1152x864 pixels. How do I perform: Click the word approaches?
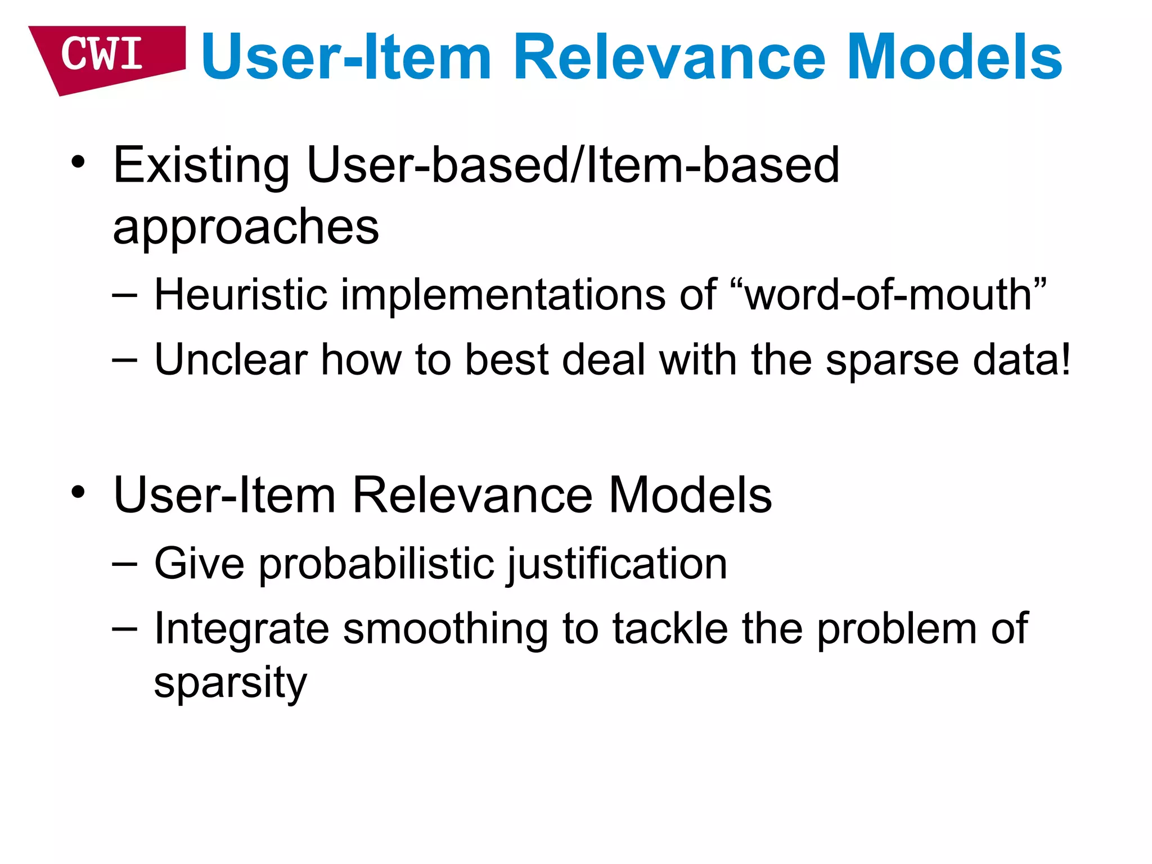pyautogui.click(x=246, y=228)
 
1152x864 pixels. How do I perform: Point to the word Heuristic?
pyautogui.click(x=241, y=295)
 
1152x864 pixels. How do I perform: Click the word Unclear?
pyautogui.click(x=231, y=360)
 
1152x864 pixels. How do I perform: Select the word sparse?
pyautogui.click(x=892, y=360)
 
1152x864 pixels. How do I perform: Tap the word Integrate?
pyautogui.click(x=241, y=629)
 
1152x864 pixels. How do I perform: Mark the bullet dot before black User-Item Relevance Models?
pyautogui.click(x=78, y=493)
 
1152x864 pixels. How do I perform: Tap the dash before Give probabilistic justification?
pyautogui.click(x=124, y=564)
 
